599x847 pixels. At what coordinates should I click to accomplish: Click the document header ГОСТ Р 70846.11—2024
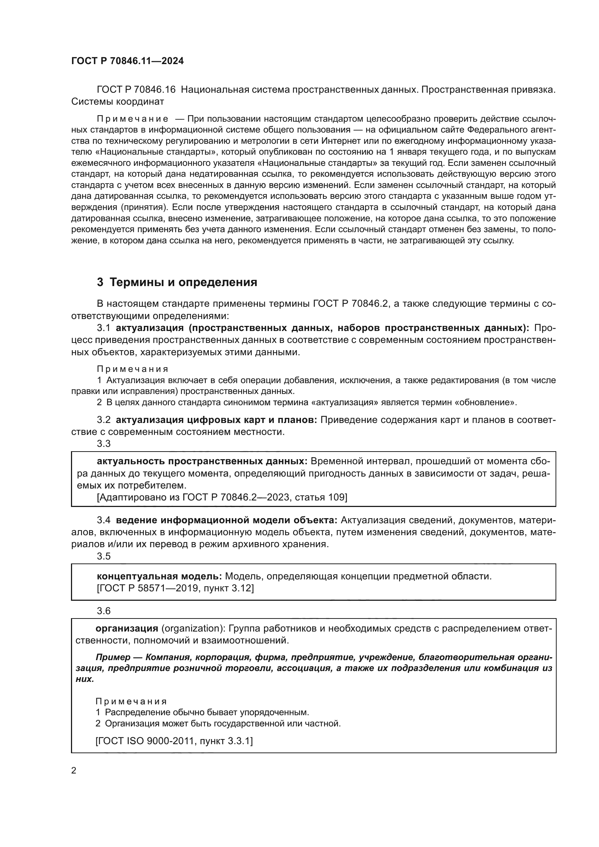click(x=127, y=61)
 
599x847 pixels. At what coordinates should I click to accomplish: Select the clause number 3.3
click(x=104, y=444)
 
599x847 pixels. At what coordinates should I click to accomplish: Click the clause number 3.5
click(x=104, y=556)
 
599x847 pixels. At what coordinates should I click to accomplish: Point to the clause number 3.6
click(x=104, y=611)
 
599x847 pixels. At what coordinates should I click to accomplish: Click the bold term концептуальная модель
click(x=159, y=576)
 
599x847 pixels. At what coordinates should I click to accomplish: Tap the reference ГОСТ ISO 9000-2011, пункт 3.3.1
click(x=174, y=741)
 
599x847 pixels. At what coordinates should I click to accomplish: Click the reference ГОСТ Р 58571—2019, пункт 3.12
click(x=175, y=588)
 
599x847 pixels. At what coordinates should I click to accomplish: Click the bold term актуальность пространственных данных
click(x=202, y=461)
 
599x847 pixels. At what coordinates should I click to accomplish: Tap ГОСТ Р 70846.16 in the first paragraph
click(x=136, y=90)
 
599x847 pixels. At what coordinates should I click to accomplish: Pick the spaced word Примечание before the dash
click(x=133, y=119)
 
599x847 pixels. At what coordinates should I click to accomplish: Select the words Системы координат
click(x=117, y=101)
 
